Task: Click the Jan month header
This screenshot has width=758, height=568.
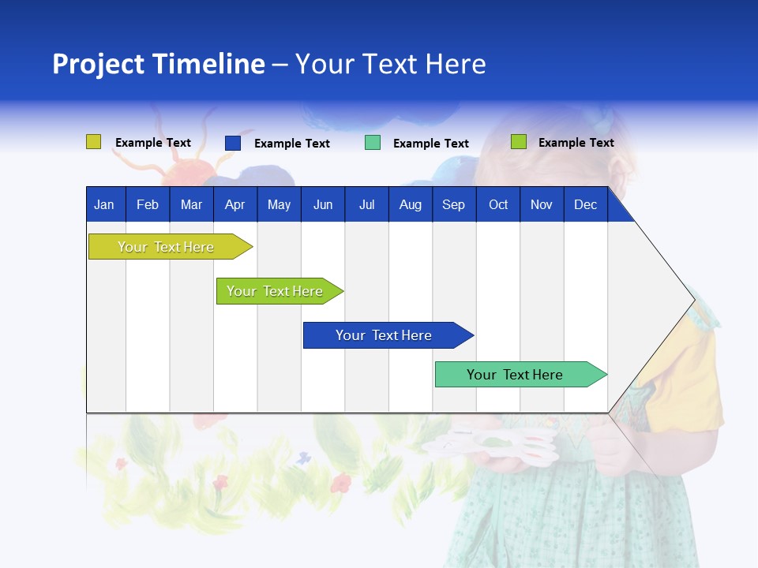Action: point(104,204)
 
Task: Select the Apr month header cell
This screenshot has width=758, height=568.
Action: point(235,204)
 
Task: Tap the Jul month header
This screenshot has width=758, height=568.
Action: point(366,204)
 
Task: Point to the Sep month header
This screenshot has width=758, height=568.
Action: point(453,204)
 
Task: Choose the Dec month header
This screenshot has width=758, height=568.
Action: point(585,204)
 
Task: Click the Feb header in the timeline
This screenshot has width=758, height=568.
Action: point(148,204)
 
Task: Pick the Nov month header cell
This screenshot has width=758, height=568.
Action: point(541,204)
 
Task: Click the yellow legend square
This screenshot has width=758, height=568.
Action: point(93,142)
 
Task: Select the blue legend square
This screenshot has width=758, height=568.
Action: point(232,143)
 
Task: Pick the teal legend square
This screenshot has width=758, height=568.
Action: point(372,143)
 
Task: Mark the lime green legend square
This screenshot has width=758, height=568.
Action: point(518,142)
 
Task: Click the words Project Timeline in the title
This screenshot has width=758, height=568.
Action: point(159,64)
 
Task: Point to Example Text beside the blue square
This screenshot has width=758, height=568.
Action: point(292,144)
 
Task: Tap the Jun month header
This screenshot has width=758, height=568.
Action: point(323,204)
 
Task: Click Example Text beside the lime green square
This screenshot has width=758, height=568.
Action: point(576,143)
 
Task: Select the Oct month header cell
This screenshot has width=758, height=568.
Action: point(498,204)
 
